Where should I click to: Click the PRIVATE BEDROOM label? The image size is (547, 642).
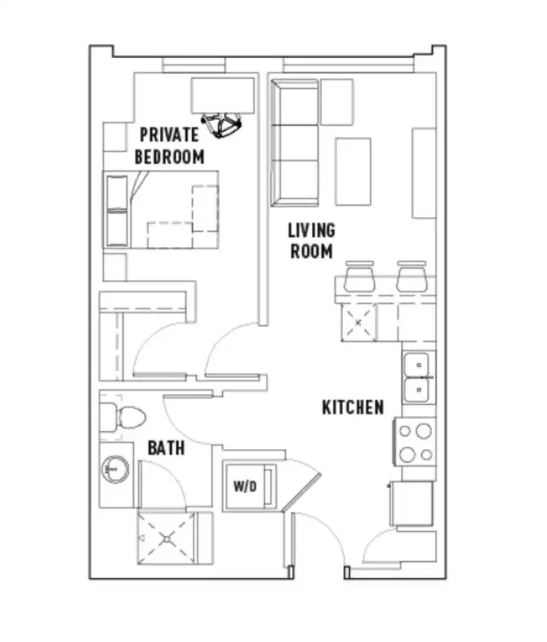tap(170, 145)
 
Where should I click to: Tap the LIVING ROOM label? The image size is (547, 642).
tap(311, 240)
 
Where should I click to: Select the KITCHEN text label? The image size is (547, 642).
tap(353, 407)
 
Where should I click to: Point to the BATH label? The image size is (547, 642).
tap(166, 448)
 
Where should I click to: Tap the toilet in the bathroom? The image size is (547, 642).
tap(122, 417)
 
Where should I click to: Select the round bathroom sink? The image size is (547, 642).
tap(115, 469)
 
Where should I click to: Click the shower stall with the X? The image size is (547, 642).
tap(167, 538)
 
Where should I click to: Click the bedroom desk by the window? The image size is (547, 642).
tap(223, 94)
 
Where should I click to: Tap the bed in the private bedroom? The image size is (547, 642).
tap(163, 209)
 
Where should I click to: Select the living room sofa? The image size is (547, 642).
tap(295, 142)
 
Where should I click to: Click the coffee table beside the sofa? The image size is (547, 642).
tap(353, 171)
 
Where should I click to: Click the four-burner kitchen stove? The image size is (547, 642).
tap(414, 442)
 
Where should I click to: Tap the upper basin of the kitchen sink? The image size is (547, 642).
tap(417, 364)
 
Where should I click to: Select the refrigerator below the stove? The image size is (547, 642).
tap(412, 503)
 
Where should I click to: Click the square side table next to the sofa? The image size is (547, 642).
tap(337, 102)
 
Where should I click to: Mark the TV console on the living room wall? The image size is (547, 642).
tap(424, 173)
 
